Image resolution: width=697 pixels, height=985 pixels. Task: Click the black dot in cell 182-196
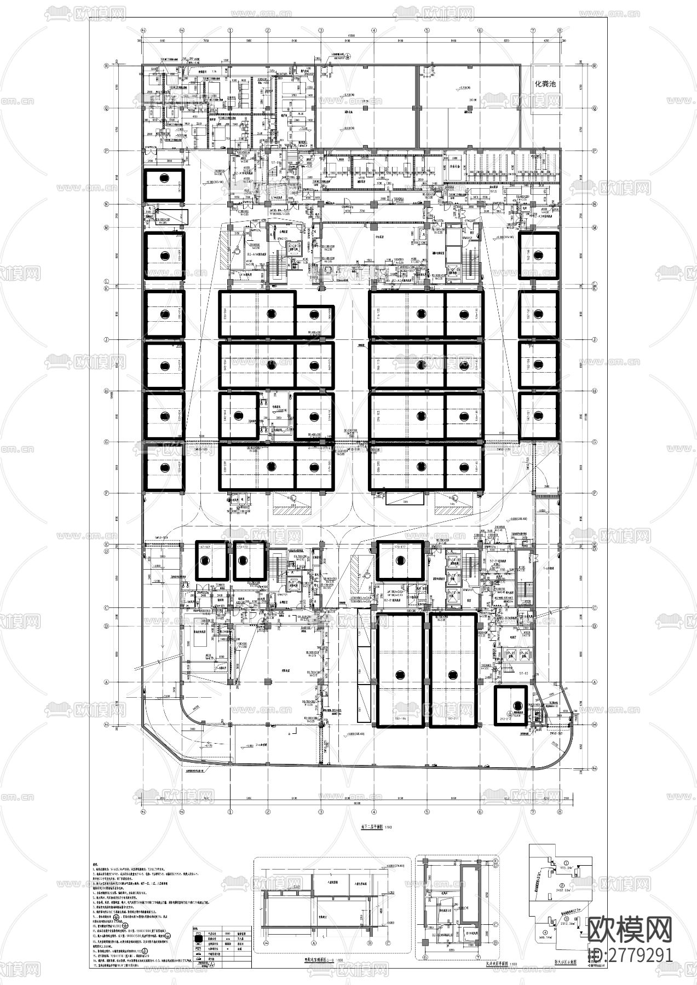[x=400, y=674]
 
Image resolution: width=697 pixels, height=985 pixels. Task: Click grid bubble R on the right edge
[x=595, y=64]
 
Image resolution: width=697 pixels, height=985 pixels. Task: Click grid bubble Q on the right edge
[x=595, y=108]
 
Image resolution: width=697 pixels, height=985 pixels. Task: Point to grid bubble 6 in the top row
[x=480, y=31]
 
